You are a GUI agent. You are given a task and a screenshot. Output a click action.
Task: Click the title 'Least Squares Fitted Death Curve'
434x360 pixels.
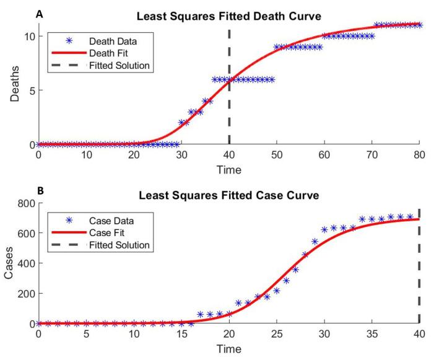[229, 16]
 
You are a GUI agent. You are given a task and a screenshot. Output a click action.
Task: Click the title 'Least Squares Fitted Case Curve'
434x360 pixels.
[229, 196]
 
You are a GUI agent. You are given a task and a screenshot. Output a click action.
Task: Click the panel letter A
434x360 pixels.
[40, 14]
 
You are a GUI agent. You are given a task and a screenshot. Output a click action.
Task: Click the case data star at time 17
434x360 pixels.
[200, 315]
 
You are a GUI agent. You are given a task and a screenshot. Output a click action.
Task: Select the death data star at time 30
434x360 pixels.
[181, 123]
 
